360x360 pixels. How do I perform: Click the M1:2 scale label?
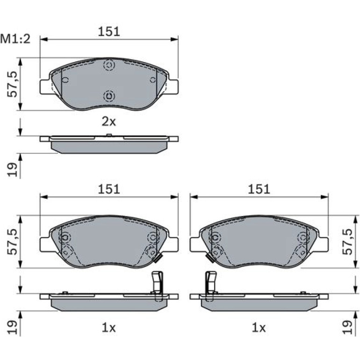pyautogui.click(x=15, y=39)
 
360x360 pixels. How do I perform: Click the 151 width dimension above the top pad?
pyautogui.click(x=109, y=32)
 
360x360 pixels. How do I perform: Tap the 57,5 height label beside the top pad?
pyautogui.click(x=13, y=84)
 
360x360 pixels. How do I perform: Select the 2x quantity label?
pyautogui.click(x=109, y=122)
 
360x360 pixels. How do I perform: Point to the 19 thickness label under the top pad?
pyautogui.click(x=13, y=170)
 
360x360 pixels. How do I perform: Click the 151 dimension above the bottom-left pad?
pyautogui.click(x=109, y=189)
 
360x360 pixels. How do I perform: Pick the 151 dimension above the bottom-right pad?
pyautogui.click(x=259, y=189)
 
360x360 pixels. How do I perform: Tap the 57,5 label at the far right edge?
pyautogui.click(x=347, y=242)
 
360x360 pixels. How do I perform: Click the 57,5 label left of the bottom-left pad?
pyautogui.click(x=13, y=242)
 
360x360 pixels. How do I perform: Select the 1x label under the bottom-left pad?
pyautogui.click(x=109, y=328)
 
